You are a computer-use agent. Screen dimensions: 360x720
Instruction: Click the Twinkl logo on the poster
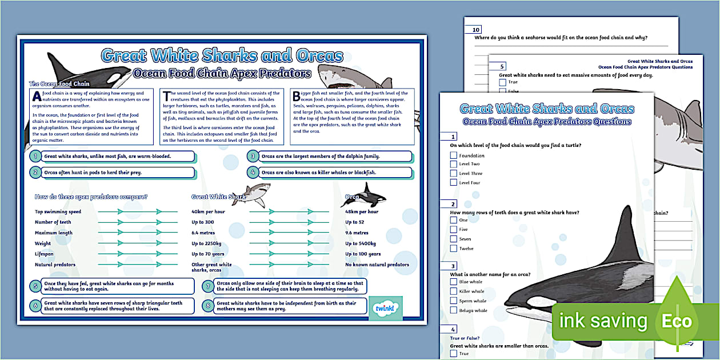(x=386, y=309)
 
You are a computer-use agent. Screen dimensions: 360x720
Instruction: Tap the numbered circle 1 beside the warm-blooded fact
(x=35, y=156)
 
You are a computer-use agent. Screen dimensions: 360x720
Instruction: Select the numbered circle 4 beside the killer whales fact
(x=253, y=172)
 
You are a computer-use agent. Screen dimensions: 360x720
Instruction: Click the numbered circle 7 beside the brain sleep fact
(x=209, y=286)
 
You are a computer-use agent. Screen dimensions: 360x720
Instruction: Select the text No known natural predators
(x=377, y=265)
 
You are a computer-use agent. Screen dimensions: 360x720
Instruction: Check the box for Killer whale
(x=454, y=291)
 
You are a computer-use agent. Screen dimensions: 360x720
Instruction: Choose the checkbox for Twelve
(x=454, y=249)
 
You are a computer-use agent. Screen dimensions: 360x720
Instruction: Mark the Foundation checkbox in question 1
(x=454, y=155)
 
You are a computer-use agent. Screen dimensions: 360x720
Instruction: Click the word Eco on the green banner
(x=677, y=321)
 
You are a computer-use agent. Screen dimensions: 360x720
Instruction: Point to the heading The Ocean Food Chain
(x=59, y=84)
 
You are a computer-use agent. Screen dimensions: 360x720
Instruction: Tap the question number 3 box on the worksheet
(x=454, y=266)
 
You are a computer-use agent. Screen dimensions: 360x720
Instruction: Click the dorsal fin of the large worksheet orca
(x=629, y=234)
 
